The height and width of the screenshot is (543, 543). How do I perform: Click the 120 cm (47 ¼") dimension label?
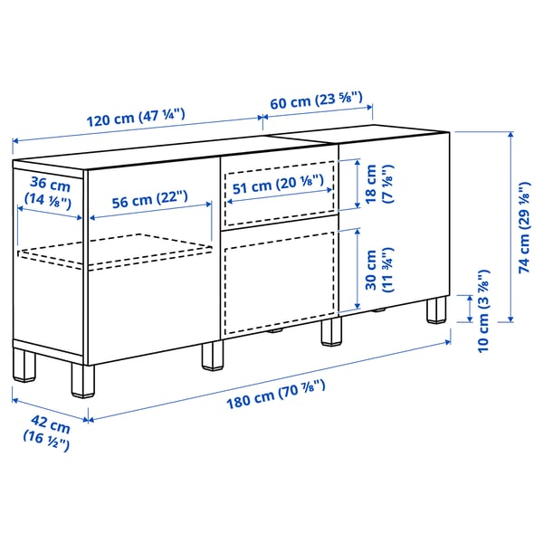[x=135, y=116]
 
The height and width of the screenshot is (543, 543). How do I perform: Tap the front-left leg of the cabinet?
[x=81, y=379]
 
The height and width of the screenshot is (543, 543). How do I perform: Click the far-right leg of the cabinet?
[x=437, y=310]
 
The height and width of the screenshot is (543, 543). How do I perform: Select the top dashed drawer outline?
[x=279, y=192]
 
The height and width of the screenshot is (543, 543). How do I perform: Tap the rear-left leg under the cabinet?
[x=24, y=362]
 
